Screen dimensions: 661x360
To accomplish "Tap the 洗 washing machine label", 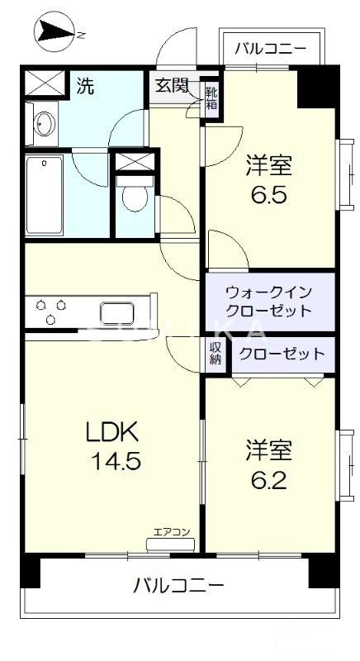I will point(85,85).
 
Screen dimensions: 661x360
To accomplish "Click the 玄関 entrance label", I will point(170,86).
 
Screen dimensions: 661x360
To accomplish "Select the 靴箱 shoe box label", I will point(212,98).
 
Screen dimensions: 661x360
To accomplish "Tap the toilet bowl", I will point(132,198).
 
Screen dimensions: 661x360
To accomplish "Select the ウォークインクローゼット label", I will point(268,302).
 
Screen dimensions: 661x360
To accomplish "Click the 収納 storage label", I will point(216,354).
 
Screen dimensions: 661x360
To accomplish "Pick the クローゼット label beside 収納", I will point(281,354).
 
